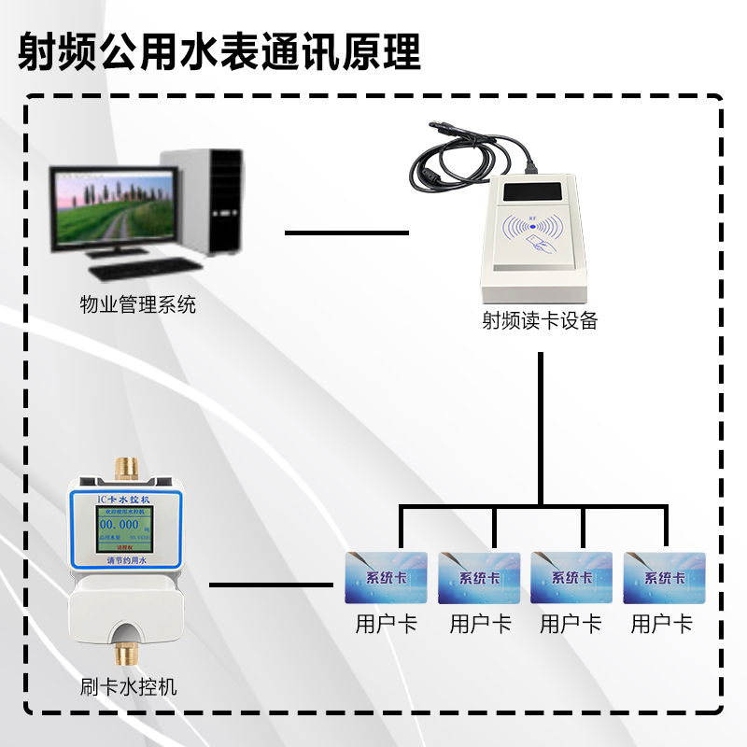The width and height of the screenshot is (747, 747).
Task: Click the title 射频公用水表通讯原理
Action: pyautogui.click(x=220, y=51)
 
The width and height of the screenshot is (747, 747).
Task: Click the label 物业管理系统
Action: pyautogui.click(x=137, y=305)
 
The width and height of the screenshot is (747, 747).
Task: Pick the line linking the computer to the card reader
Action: pyautogui.click(x=346, y=232)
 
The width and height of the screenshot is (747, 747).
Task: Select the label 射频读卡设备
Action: pyautogui.click(x=539, y=321)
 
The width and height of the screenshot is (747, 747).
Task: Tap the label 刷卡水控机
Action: pyautogui.click(x=129, y=689)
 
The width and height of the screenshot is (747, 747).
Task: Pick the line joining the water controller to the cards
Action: pyautogui.click(x=271, y=585)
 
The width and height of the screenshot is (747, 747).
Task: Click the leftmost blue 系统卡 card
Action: pyautogui.click(x=386, y=577)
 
